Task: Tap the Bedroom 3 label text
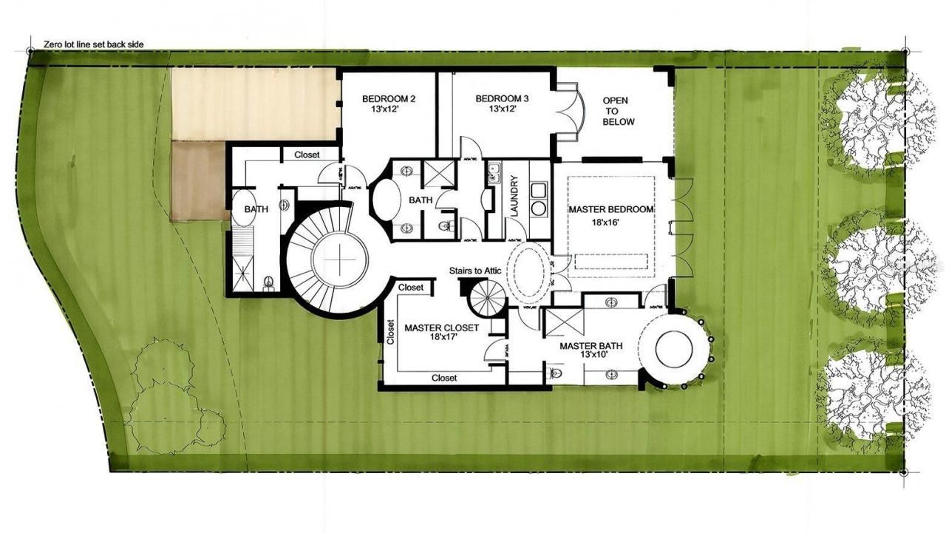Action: [502, 103]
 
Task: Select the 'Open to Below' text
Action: [618, 111]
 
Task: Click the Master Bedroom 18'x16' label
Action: [610, 215]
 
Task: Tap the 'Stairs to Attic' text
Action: [475, 271]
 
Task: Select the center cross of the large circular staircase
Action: [339, 260]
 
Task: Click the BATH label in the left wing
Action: [256, 209]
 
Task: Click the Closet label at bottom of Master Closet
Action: [444, 378]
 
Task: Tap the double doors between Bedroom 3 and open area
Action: [568, 111]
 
